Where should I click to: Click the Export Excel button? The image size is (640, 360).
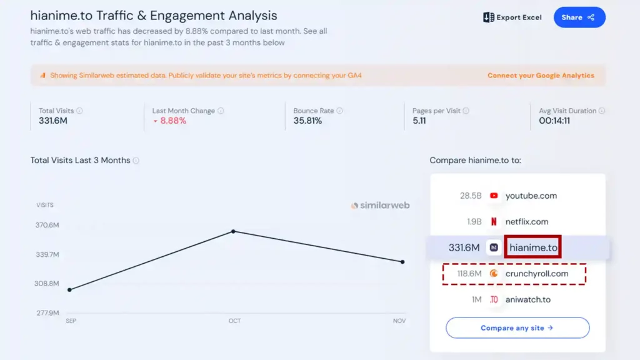[512, 17]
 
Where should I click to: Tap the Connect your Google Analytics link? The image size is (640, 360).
[541, 76]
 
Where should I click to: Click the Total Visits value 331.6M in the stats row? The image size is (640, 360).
[53, 121]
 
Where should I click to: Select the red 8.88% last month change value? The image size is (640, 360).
[173, 121]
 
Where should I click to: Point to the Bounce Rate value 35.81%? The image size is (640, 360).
[307, 121]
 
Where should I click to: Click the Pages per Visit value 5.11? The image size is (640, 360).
[419, 121]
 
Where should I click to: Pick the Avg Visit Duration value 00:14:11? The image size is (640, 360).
[554, 121]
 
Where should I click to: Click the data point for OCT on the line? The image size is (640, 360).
[234, 231]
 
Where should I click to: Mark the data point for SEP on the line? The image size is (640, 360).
[69, 289]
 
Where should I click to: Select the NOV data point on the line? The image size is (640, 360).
[402, 262]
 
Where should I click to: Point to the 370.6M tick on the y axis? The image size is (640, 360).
[47, 225]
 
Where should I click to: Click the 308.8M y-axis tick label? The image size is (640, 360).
[47, 284]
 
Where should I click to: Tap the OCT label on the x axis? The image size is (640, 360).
[234, 321]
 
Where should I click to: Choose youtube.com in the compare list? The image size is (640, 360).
[531, 196]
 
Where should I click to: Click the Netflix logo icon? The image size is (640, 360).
[494, 221]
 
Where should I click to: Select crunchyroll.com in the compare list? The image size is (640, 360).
[536, 273]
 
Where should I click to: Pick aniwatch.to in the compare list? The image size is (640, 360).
[527, 299]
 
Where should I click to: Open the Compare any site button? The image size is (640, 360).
[517, 327]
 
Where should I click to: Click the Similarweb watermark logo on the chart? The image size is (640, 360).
[380, 205]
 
